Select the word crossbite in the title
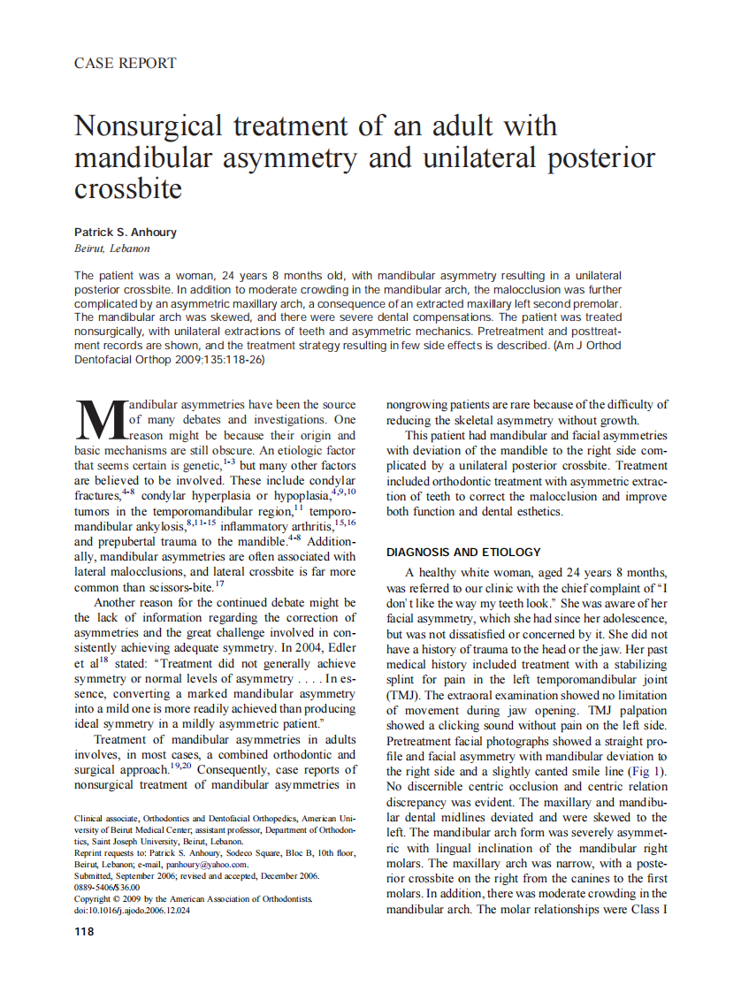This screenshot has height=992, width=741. point(128,188)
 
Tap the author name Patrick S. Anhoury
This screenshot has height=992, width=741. point(126,233)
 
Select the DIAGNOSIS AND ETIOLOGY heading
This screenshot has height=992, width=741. point(463,552)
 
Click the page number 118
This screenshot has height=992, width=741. point(84,931)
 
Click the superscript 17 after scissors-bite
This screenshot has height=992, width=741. point(219,584)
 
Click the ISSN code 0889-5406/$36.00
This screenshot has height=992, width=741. point(107,887)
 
